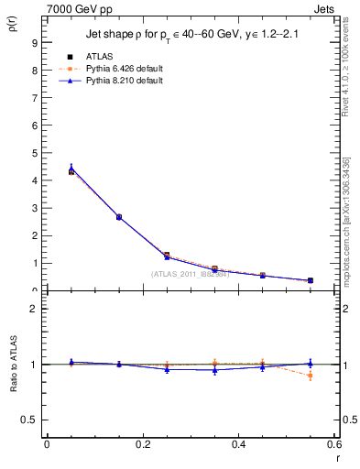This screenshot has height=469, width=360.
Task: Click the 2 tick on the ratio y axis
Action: (x=34, y=309)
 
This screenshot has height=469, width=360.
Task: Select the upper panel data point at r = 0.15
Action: (x=119, y=217)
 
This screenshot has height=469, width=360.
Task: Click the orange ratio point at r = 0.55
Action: (x=311, y=376)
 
